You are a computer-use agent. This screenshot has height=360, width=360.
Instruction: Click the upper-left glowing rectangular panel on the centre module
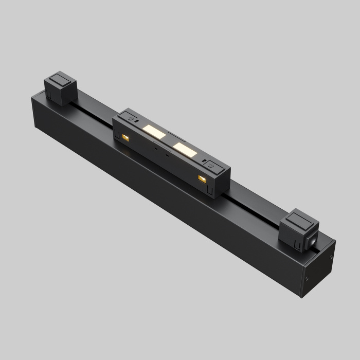154,131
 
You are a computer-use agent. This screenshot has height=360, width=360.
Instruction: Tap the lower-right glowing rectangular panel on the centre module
185,150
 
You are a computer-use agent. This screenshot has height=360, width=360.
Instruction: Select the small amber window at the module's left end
125,137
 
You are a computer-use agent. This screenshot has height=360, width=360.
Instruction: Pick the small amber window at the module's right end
202,178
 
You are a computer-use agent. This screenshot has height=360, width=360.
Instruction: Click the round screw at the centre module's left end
133,119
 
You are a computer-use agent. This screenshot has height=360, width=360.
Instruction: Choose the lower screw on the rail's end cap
308,279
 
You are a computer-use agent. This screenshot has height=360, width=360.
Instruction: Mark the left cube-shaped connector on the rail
59,88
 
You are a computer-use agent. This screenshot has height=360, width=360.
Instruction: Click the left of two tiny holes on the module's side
155,146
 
